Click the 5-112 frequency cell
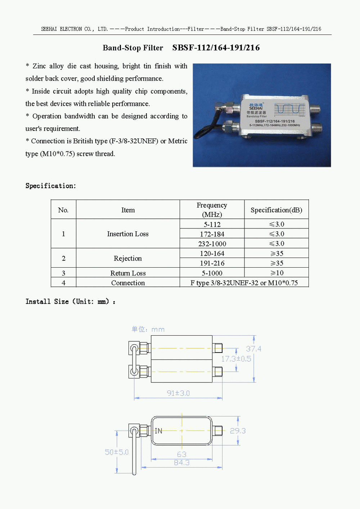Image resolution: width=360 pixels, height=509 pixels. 212,224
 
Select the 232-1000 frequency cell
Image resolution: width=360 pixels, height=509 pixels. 212,244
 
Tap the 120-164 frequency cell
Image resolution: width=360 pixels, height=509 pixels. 212,254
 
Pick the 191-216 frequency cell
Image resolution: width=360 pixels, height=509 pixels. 212,263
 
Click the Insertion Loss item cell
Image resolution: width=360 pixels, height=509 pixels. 128,234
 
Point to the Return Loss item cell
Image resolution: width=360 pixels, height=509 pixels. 128,273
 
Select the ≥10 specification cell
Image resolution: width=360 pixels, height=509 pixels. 276,273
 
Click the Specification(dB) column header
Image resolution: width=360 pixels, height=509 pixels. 276,210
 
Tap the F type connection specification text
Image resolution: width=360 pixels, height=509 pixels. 244,283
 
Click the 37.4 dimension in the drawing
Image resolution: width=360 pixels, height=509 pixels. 253,349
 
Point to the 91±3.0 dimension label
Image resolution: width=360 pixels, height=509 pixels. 178,393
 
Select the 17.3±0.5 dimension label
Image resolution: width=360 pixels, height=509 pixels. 236,359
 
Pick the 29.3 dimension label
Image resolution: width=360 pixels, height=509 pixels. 238,431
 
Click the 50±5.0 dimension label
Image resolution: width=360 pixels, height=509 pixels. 117,452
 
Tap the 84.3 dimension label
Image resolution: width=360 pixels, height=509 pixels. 181,463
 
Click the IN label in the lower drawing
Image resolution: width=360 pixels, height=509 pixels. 158,431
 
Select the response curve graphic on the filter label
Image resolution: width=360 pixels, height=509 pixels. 289,109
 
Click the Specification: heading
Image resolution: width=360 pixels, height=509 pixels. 51,186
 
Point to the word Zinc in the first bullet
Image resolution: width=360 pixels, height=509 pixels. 39,66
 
